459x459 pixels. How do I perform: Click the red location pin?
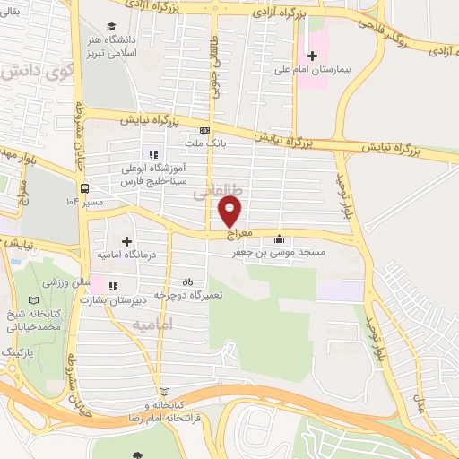click(230, 212)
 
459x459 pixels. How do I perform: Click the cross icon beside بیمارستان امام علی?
click(312, 56)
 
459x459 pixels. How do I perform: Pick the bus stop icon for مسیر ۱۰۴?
click(83, 189)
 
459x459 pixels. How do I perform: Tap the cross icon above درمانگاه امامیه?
click(126, 241)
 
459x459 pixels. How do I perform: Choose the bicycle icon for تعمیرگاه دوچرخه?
click(187, 281)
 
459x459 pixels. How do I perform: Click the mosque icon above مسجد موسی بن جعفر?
click(280, 239)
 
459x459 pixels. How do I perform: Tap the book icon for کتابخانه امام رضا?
click(163, 393)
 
